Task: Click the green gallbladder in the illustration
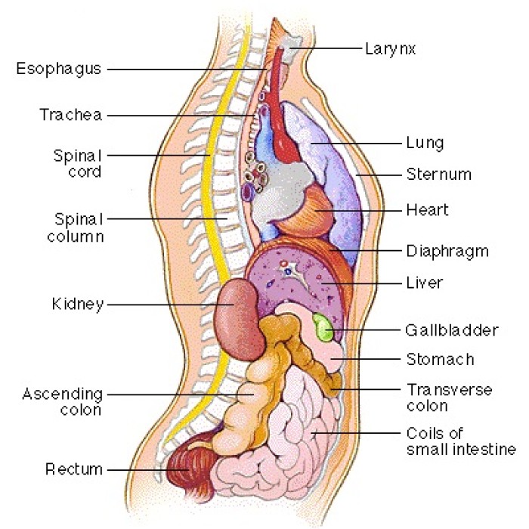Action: [323, 327]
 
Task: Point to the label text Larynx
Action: [391, 49]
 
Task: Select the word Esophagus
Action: [59, 70]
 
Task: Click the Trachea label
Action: [71, 115]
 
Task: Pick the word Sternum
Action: [438, 175]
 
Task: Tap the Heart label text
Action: [428, 210]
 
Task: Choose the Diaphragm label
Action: [447, 252]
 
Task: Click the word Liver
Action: [425, 283]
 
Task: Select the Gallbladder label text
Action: [452, 330]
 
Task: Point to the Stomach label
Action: [441, 359]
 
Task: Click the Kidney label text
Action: [78, 305]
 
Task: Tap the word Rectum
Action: [74, 469]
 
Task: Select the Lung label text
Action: [425, 144]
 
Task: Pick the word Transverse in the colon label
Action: [450, 390]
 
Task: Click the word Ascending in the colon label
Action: [63, 394]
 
